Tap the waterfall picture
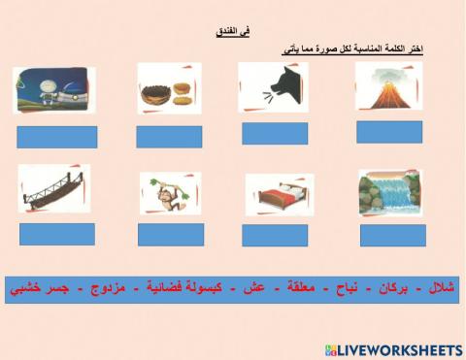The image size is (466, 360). coord(389,193)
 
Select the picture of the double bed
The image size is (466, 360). coord(279,195)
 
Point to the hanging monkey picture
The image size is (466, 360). coord(170,192)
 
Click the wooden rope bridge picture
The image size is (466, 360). coord(53,188)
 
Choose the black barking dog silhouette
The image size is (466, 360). coord(273,88)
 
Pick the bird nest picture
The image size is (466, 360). coord(169,89)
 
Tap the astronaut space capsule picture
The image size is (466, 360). coord(53,90)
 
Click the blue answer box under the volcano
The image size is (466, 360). coord(388,132)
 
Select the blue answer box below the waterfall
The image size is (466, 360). coord(389,233)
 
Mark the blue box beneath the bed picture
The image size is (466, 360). coord(275,235)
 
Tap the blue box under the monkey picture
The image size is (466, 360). coord(171,234)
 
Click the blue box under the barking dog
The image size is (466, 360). coord(275,134)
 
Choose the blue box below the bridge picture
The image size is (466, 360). coord(57,234)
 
